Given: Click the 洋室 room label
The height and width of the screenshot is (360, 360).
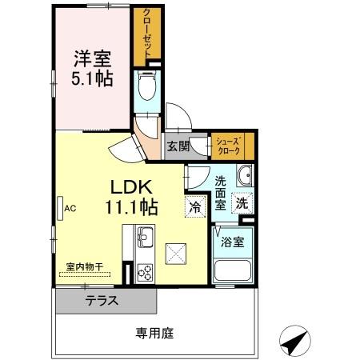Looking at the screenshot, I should coord(92,59).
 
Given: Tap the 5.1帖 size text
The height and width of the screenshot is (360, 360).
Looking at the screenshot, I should coord(92,78).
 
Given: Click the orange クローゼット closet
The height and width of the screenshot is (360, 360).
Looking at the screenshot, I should coord(148,36).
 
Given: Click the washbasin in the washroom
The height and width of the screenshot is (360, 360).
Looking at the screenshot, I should coord(242,175).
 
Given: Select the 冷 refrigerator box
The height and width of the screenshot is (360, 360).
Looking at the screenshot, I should coord(194,206).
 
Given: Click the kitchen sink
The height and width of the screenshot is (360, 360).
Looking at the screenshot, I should coord(146,237).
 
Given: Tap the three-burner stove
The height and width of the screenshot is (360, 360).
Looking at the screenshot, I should coord(145,271).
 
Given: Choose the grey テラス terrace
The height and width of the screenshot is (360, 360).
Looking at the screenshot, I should coord(105,301).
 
